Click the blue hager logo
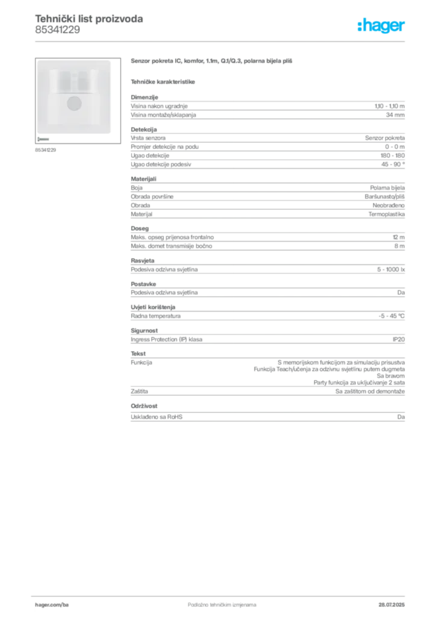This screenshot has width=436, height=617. point(382,27)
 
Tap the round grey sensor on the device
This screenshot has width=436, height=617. point(74,103)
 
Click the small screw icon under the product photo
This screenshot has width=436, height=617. point(42,139)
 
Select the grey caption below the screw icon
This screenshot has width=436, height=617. point(46,150)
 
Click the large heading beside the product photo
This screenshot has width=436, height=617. point(211,61)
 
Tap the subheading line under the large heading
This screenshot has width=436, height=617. point(164,81)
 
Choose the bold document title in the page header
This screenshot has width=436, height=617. point(89,18)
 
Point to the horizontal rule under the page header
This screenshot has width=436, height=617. point(222,41)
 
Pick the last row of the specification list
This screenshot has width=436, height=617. point(267,416)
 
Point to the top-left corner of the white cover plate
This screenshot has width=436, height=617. point(37,61)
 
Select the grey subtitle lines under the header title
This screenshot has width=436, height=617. point(57,32)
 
